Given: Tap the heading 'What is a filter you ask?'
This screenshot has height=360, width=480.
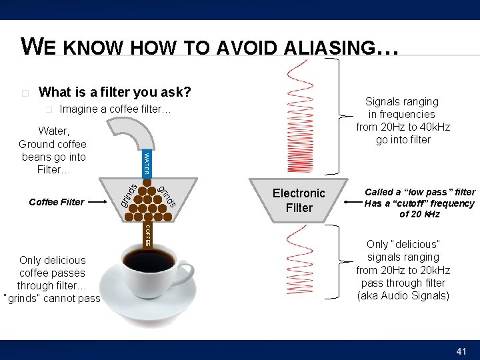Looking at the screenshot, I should [115, 91].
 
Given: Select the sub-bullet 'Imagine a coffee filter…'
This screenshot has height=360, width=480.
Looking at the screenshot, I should [115, 109].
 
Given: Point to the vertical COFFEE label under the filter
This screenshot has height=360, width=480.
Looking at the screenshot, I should [147, 235].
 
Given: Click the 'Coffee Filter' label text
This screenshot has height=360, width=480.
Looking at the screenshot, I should [57, 202].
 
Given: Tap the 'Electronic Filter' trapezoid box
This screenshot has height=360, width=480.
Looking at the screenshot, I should [299, 200].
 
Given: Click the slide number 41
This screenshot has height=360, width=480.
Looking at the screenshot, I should [461, 351].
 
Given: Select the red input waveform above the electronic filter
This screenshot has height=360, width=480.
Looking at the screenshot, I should [299, 117].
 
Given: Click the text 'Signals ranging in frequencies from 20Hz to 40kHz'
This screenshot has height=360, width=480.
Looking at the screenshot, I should [403, 121].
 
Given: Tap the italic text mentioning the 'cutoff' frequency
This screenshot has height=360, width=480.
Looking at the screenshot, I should [419, 203].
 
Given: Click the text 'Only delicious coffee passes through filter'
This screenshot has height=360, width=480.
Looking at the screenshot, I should [52, 279].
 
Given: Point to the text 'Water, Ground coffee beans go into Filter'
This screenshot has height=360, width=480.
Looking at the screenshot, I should [53, 150].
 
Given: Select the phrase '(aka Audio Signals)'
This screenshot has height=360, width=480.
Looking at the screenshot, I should [403, 295].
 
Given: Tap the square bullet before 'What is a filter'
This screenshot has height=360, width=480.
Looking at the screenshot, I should [25, 92].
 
